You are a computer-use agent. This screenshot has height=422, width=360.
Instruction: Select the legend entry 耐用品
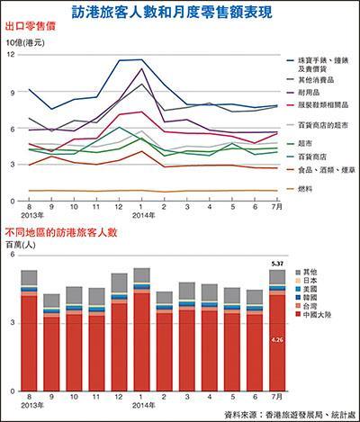tap(311, 92)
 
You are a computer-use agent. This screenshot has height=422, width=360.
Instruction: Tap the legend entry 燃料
tap(307, 190)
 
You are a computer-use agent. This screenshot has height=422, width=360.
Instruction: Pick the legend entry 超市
tap(307, 142)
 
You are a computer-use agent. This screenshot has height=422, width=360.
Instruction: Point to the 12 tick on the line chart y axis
tap(11, 55)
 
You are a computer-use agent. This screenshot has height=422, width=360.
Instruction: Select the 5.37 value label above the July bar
tap(278, 264)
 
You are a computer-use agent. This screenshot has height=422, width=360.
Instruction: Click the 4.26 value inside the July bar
tap(278, 340)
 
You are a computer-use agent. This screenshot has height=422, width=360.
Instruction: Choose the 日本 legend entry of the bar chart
tap(311, 280)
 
